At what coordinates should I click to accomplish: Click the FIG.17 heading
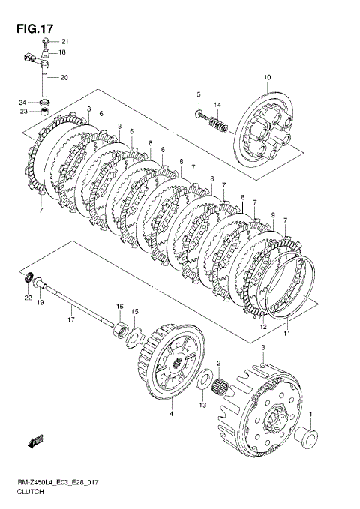point(34,29)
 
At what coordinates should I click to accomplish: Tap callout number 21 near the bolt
point(65,41)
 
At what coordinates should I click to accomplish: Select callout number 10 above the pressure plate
point(268,77)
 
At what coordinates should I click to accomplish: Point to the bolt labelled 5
point(200,114)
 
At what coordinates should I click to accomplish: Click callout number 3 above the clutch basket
point(263,348)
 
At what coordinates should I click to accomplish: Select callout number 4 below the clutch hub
point(171,414)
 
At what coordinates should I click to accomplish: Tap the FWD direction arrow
point(36,441)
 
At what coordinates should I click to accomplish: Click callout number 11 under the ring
point(287,334)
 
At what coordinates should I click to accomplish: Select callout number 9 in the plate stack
point(273,215)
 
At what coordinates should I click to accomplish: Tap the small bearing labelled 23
point(43,113)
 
